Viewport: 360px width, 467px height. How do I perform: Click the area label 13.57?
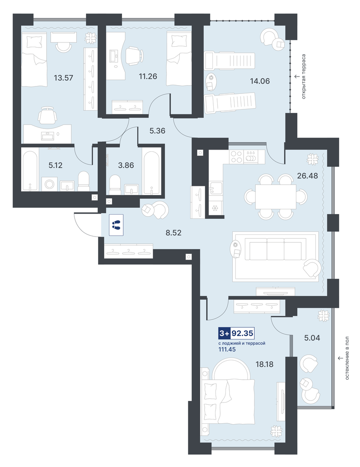(x=63, y=78)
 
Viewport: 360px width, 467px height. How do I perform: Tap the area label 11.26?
(x=148, y=76)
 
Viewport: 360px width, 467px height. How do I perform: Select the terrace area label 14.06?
(x=260, y=81)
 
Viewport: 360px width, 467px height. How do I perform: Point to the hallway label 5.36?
(x=157, y=131)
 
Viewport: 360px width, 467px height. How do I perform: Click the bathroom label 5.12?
(x=55, y=165)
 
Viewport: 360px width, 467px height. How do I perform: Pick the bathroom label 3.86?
(x=126, y=165)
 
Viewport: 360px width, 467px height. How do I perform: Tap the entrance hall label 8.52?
(x=174, y=233)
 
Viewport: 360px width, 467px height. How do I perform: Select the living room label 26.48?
(x=307, y=176)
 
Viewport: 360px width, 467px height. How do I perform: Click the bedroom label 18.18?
(x=264, y=364)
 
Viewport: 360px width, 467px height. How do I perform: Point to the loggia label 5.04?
(x=312, y=338)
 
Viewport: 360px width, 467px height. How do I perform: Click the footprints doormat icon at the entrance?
(x=116, y=225)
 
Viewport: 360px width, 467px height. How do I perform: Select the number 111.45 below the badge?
(x=227, y=349)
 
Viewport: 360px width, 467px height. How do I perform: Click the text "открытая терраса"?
(x=304, y=77)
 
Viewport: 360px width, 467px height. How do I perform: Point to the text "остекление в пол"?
(x=347, y=358)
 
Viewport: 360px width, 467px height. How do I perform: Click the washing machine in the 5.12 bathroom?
(x=49, y=184)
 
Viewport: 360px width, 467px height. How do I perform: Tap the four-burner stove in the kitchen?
(x=236, y=157)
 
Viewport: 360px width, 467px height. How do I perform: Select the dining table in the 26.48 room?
(x=276, y=197)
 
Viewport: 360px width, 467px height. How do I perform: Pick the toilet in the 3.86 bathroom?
(x=115, y=185)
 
